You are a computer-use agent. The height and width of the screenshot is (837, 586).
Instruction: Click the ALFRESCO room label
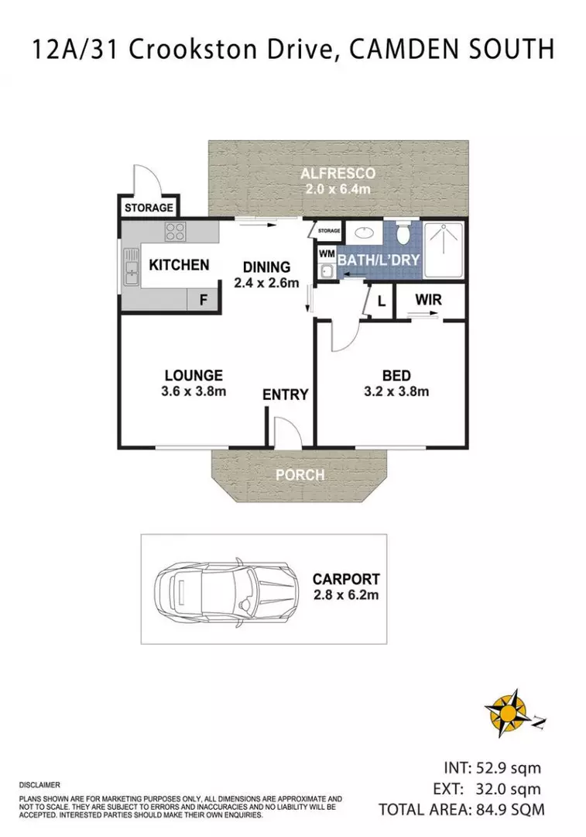(338, 173)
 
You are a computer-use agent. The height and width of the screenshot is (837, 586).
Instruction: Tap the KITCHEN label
(179, 265)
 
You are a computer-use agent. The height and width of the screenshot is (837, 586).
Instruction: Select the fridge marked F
(204, 299)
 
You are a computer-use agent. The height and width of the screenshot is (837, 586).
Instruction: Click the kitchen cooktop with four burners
(175, 231)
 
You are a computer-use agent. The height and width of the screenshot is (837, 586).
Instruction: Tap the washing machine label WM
(326, 253)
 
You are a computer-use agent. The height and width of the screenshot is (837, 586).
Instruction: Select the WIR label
(428, 299)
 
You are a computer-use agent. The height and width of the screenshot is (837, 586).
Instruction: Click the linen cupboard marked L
(381, 301)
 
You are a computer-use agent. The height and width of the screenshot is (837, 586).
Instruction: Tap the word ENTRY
(285, 394)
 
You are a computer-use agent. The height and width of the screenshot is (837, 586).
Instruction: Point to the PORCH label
(300, 475)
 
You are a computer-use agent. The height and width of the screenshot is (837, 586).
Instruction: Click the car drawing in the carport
(224, 588)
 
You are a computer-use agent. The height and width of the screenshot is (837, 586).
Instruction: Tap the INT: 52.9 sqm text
(492, 768)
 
